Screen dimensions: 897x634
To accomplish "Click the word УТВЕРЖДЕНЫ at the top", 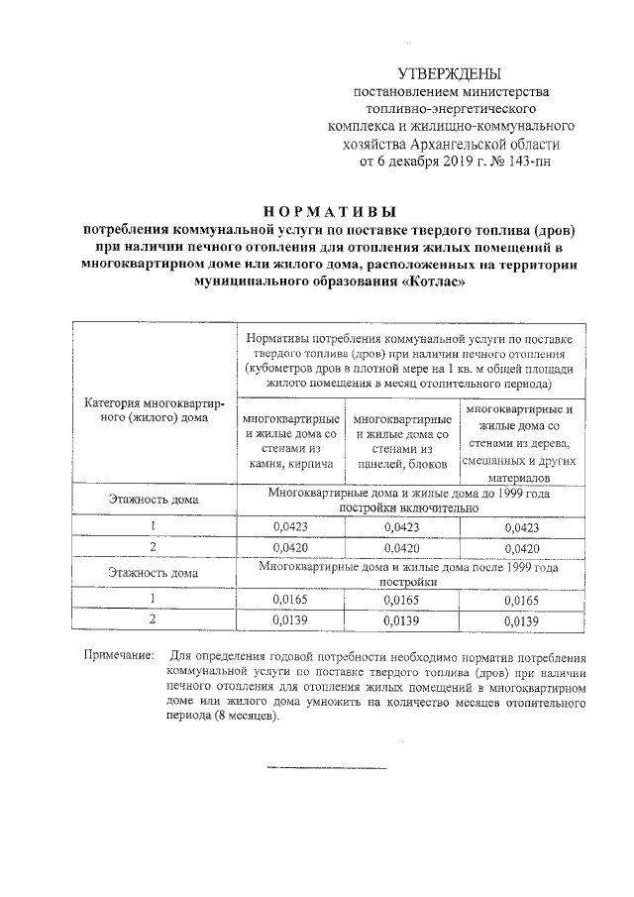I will click(449, 74).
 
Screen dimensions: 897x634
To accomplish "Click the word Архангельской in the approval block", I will click(470, 144).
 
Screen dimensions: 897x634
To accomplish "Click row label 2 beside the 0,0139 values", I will click(154, 620).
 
